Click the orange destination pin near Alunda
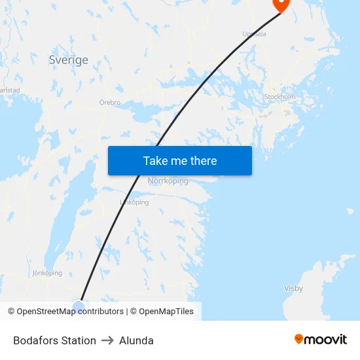pos(280,4)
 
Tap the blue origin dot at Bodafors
pos(79,306)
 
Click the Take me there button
pos(180,160)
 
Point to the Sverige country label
pos(68,60)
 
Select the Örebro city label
pos(110,103)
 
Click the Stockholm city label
pos(279,97)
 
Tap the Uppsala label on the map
pos(254,34)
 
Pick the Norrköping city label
pos(168,181)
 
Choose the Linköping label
pos(135,202)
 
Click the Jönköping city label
pos(47,273)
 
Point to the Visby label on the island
pos(293,288)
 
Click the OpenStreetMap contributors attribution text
pos(69,312)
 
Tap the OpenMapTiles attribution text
pos(166,312)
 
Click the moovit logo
pos(321,340)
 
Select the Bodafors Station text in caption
pos(54,340)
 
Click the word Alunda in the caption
pos(137,340)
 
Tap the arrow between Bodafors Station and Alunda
pos(107,340)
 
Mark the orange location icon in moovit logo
pos(299,339)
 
